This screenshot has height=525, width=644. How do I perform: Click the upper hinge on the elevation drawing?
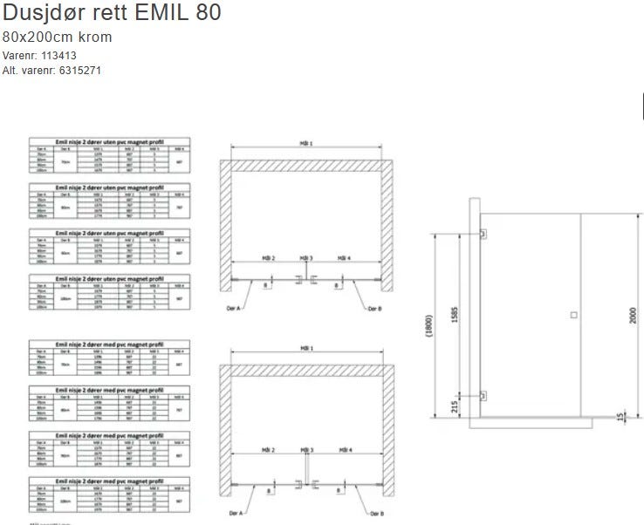tap(483, 234)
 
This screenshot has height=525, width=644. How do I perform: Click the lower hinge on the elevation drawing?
tap(483, 395)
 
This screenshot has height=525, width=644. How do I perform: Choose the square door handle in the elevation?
tap(572, 314)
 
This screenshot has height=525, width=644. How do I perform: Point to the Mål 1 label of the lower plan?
tap(305, 347)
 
